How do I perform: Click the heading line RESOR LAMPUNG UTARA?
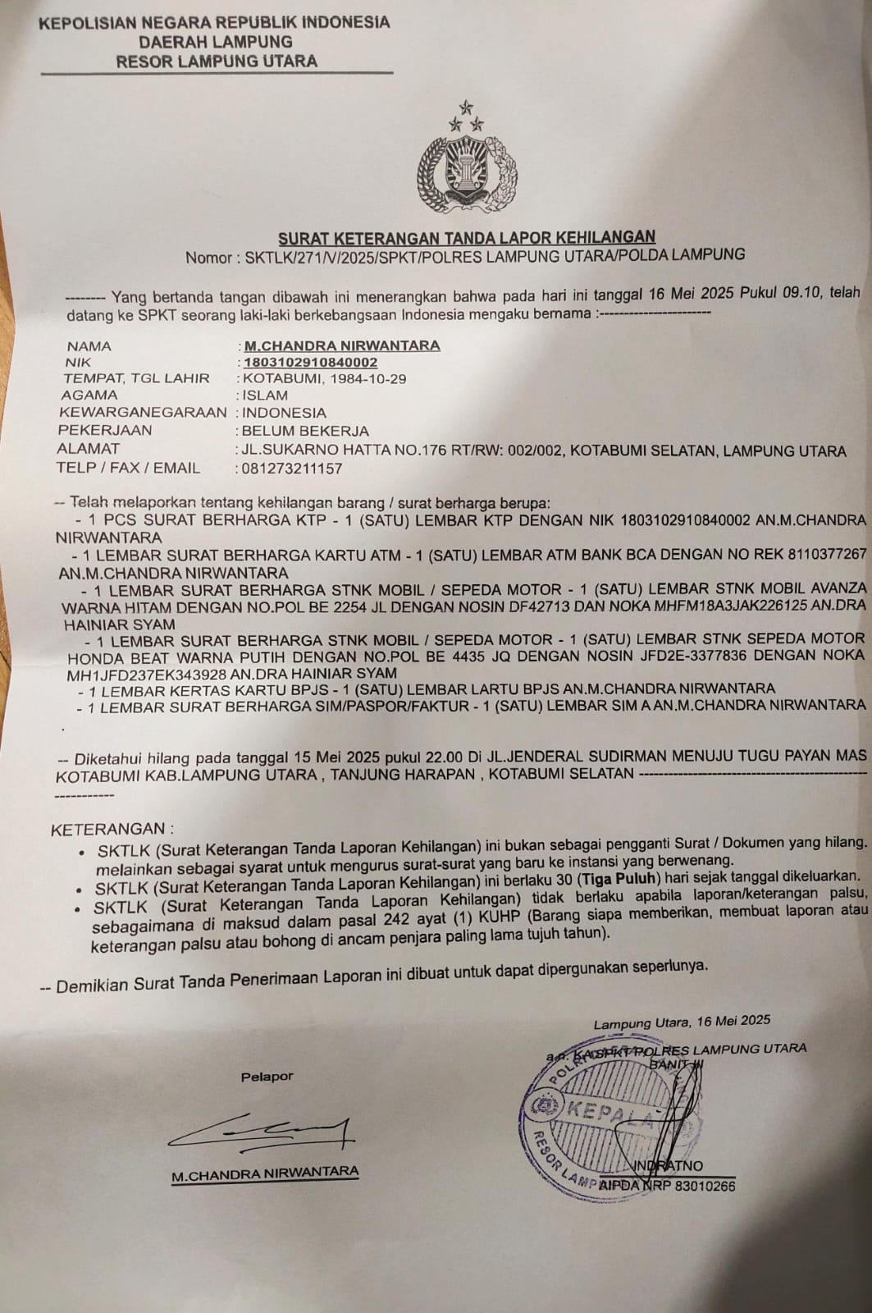[217, 62]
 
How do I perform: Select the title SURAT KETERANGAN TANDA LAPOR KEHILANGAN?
[467, 238]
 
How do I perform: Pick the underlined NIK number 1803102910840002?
[311, 362]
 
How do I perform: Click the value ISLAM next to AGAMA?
[265, 395]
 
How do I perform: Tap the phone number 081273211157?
[291, 469]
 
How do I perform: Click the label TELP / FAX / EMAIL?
[128, 468]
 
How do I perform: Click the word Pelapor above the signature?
[267, 1077]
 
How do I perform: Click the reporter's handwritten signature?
[263, 1132]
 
